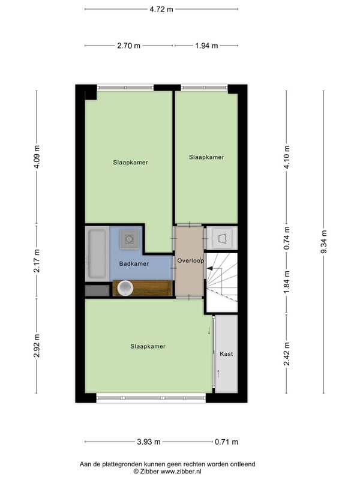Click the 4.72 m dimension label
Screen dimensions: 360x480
click(161, 9)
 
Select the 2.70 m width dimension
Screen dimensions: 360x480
click(128, 46)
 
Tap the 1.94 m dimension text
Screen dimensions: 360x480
click(206, 46)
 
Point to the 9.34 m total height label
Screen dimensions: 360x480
click(324, 242)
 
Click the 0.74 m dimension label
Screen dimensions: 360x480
click(287, 238)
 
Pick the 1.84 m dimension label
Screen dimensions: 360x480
click(287, 282)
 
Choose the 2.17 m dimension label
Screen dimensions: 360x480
click(37, 260)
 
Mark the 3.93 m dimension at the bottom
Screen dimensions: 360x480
click(148, 442)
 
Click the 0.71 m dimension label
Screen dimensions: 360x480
click(226, 442)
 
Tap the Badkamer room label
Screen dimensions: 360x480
click(134, 263)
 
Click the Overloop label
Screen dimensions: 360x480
click(190, 260)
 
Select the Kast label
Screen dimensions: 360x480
click(226, 354)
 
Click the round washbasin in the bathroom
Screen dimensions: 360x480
click(125, 288)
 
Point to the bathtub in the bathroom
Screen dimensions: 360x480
click(97, 254)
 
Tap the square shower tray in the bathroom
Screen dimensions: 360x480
click(130, 238)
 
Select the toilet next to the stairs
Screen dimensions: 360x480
click(223, 238)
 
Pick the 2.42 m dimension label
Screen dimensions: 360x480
click(287, 354)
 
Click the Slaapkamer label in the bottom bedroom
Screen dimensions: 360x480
click(148, 347)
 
